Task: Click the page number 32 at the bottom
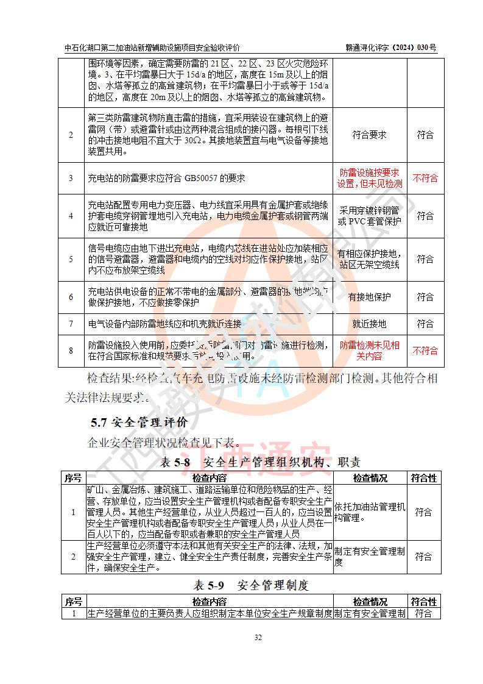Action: pos(258,638)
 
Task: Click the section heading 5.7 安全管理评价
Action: pos(139,422)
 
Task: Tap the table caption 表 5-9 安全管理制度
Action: pos(251,585)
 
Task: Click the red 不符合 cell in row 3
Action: pos(425,178)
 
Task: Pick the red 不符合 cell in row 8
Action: pos(425,351)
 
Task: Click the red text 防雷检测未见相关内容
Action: pos(369,351)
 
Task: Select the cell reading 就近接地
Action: pos(369,324)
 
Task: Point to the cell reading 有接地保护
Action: pos(369,297)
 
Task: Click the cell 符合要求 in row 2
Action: pos(369,135)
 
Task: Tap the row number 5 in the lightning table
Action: pos(71,259)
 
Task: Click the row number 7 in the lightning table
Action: pos(71,324)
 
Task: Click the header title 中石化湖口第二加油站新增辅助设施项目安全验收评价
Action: pos(152,48)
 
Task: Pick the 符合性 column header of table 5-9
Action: pos(424,602)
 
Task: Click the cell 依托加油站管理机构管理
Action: pos(369,512)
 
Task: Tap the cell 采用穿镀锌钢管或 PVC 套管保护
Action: pos(369,216)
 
